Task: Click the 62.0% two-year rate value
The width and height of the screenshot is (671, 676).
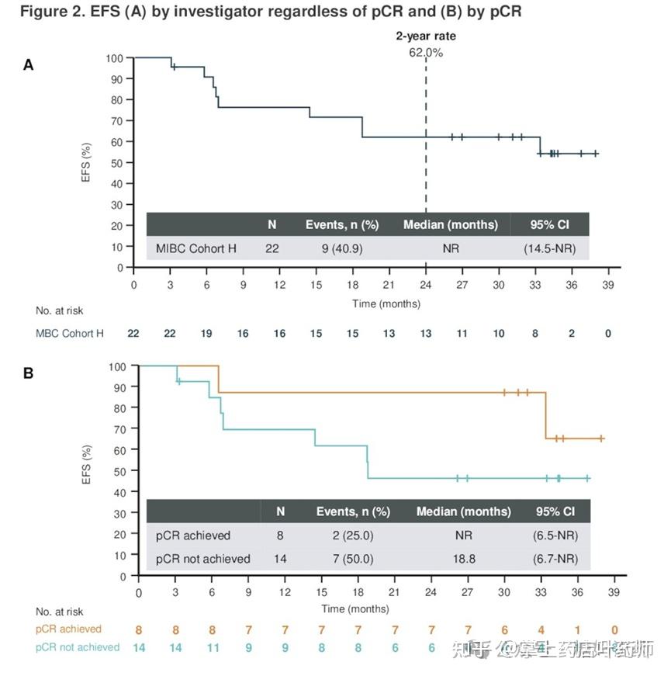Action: (426, 52)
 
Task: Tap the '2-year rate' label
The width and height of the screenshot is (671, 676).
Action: (426, 36)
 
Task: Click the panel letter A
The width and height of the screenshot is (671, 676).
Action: (28, 64)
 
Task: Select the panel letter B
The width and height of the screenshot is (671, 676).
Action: (28, 373)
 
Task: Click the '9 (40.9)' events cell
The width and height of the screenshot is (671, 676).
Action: (341, 248)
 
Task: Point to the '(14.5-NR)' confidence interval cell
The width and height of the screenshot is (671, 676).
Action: (549, 248)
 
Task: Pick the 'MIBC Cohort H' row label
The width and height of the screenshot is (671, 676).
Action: (195, 248)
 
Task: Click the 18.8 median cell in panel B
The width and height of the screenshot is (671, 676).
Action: (463, 559)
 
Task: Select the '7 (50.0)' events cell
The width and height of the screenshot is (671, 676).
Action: (353, 559)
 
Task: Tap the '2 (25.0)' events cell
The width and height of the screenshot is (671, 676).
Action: (353, 536)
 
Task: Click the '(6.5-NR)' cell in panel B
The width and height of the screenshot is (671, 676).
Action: (555, 536)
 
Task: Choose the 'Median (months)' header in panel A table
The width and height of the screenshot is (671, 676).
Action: (450, 225)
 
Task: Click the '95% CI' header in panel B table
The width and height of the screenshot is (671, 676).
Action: (555, 511)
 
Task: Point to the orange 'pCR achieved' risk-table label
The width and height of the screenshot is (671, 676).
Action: (68, 629)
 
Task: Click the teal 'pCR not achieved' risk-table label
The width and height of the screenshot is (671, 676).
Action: (78, 647)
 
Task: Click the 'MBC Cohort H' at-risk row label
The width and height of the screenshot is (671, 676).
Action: (70, 334)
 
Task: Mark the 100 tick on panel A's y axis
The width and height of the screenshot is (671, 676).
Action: (114, 58)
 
